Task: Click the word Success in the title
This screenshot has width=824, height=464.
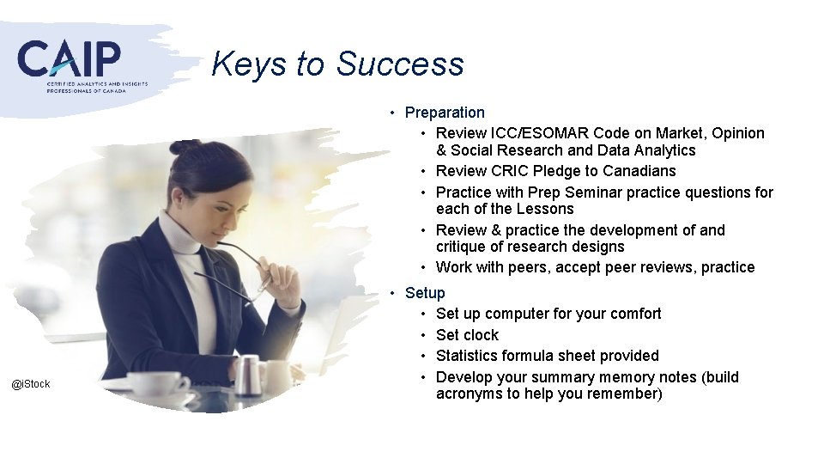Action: pos(400,64)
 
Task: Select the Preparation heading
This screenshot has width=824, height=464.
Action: pos(445,113)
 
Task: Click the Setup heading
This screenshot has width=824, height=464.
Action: pos(425,293)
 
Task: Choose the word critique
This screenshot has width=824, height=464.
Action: pos(464,247)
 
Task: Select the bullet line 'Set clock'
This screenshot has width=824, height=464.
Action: pos(467,335)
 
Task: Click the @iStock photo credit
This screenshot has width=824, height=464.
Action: pos(31,384)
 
